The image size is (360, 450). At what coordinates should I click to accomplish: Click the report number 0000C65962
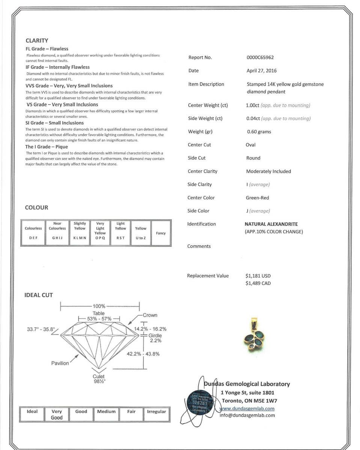(x=260, y=57)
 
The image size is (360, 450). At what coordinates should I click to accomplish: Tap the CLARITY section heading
(x=37, y=40)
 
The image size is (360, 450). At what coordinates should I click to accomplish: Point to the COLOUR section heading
(x=36, y=207)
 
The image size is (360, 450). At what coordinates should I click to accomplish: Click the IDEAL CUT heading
(x=39, y=295)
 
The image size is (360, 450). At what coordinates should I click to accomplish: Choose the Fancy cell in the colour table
(x=161, y=233)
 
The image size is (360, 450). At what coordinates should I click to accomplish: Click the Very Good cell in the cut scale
(x=57, y=414)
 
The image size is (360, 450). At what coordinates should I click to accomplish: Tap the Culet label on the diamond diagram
(x=99, y=376)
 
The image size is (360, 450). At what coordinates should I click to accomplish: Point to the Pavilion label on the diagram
(x=60, y=363)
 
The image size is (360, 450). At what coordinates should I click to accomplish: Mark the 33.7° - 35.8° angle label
(x=41, y=329)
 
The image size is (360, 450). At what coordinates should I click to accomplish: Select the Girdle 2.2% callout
(x=155, y=338)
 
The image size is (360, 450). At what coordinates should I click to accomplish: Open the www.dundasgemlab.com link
(x=247, y=408)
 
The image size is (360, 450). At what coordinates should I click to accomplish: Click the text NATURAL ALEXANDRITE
(x=271, y=224)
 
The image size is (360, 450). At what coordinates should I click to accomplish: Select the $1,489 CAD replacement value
(x=258, y=283)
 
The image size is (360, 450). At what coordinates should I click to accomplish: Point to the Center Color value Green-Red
(x=258, y=198)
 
